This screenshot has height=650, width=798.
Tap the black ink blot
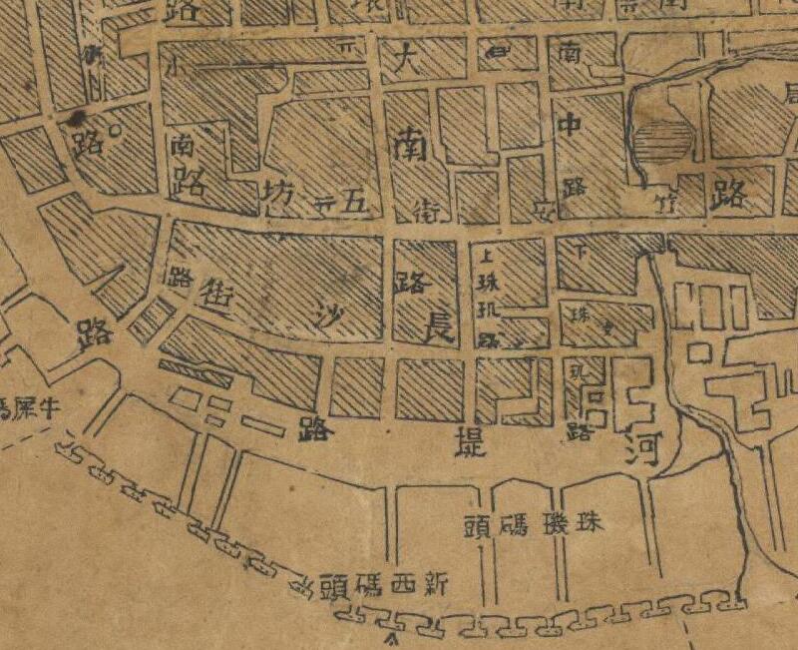point(74,119)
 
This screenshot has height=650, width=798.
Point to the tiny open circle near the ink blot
point(113,129)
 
